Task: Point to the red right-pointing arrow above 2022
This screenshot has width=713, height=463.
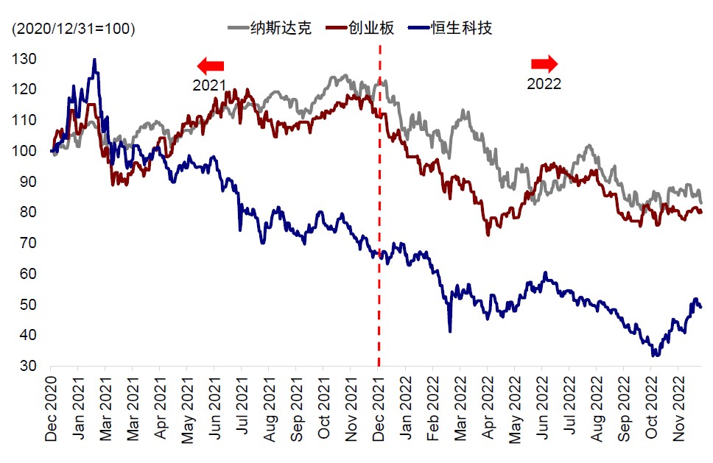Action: tap(544, 63)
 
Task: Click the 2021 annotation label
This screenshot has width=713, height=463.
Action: tap(209, 85)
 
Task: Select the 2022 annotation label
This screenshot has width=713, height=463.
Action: tap(544, 84)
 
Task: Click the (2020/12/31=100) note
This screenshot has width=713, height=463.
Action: tap(72, 29)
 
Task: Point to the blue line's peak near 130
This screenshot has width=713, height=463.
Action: tap(94, 60)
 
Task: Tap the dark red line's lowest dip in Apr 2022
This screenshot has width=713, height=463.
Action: tap(488, 235)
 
